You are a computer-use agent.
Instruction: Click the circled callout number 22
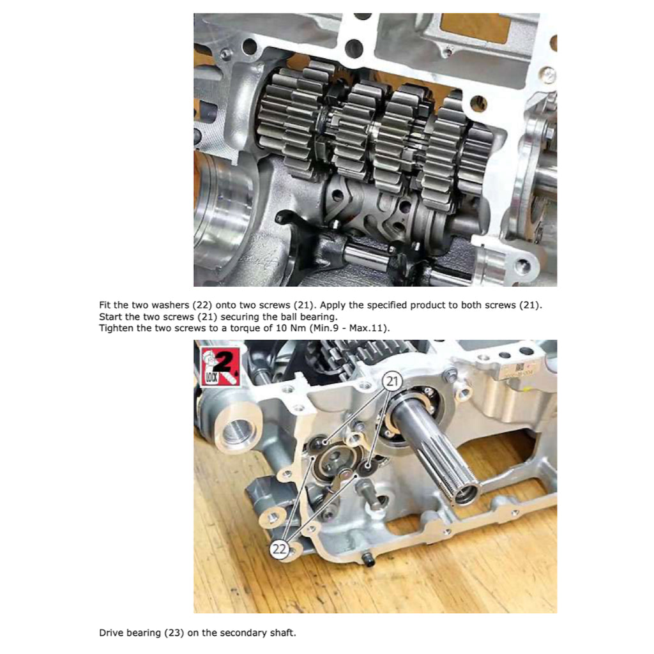(280, 548)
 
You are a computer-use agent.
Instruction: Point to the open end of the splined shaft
(466, 491)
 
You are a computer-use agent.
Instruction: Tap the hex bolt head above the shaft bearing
(452, 376)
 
